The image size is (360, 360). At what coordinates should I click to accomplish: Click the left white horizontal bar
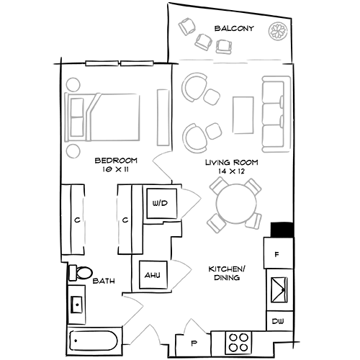[x=103, y=63]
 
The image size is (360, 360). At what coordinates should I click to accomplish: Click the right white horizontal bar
[x=138, y=63]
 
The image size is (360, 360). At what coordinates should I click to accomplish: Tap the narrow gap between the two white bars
[x=121, y=63]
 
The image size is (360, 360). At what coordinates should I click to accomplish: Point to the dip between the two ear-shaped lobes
[x=234, y=40]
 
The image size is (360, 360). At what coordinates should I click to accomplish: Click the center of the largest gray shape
[x=234, y=94]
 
